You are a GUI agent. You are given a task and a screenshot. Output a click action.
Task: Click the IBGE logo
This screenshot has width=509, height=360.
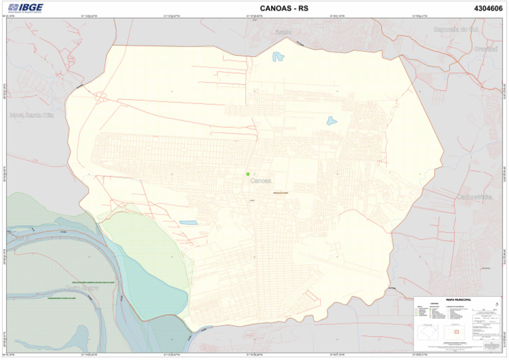tap(26, 8)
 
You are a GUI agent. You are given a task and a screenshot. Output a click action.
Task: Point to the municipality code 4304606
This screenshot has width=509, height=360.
tap(488, 9)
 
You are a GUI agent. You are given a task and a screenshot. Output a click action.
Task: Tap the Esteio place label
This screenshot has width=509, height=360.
tap(284, 31)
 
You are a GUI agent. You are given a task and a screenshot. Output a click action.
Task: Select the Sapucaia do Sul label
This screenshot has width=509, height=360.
tap(456, 30)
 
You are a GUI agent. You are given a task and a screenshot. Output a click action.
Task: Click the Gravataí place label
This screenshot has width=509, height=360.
tap(486, 49)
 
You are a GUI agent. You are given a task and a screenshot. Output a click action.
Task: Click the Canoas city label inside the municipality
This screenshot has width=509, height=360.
tap(262, 180)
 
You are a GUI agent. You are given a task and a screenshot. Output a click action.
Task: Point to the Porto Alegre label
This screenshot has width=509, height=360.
tap(86, 289)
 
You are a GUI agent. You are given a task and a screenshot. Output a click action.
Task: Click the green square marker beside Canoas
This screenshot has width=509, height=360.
tap(248, 174)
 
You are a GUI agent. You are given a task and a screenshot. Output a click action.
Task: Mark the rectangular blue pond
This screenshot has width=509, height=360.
tap(188, 223)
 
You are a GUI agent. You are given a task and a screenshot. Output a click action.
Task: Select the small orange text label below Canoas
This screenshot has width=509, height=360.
tap(280, 192)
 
